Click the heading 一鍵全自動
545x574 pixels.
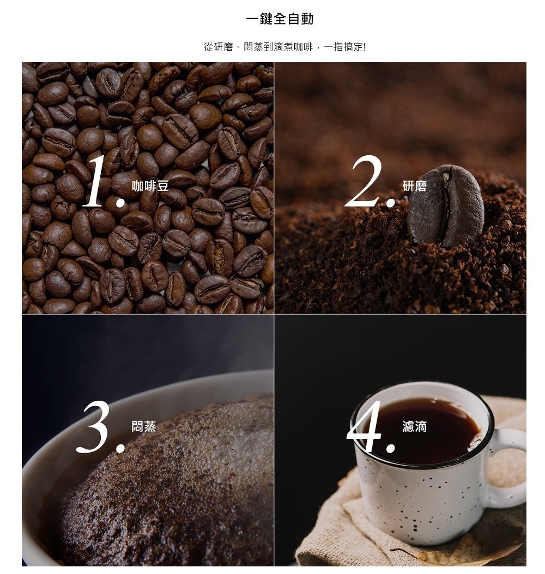click(x=280, y=19)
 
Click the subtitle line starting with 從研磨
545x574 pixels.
click(x=284, y=47)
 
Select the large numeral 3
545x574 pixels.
click(x=94, y=426)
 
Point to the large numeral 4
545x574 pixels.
click(x=365, y=426)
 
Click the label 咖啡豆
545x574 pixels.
click(x=150, y=186)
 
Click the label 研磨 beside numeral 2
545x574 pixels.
click(x=415, y=186)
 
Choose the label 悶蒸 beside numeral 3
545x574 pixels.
click(x=144, y=426)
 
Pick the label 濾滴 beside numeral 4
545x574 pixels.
click(x=415, y=426)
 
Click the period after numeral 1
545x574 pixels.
click(x=120, y=201)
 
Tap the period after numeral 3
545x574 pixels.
click(x=120, y=447)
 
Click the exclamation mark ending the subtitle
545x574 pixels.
click(x=364, y=47)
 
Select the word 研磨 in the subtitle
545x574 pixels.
click(x=223, y=47)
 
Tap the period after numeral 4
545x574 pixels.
click(x=390, y=447)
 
